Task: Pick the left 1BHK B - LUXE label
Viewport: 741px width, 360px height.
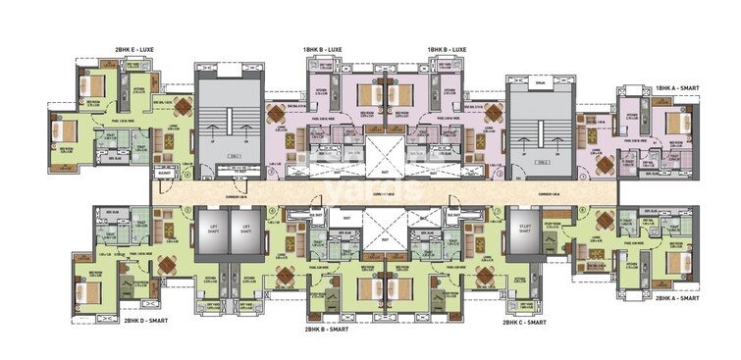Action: click(322, 47)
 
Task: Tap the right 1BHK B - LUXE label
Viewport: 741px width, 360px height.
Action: click(447, 47)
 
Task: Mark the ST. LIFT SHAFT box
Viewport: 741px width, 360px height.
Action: click(523, 231)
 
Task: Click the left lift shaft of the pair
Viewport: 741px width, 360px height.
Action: click(209, 233)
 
